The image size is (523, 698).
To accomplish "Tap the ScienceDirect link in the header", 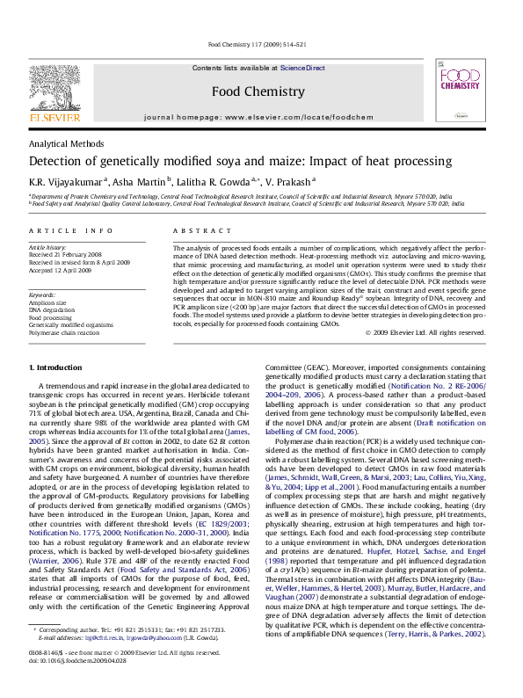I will point(302,68).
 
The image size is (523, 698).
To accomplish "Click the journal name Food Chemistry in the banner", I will point(258,91).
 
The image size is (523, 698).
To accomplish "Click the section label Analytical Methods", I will point(67,143).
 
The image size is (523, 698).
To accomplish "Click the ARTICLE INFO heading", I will point(70,230).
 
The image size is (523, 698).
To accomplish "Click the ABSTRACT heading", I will point(195,230).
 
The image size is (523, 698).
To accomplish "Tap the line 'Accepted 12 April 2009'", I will point(62,269).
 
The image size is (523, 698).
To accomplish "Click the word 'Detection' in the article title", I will point(60,162).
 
